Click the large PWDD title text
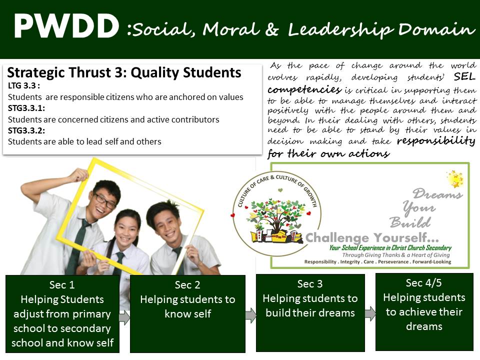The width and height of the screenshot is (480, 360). pos(66,26)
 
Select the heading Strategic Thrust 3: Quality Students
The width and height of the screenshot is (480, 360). pos(124,73)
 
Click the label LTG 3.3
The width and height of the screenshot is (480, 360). pos(23,85)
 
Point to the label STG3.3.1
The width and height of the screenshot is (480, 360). pos(26,108)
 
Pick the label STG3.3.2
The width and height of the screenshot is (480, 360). pos(26,130)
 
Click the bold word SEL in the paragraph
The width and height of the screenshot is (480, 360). pos(464,76)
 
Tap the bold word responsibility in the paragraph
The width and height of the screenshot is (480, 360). pos(436,141)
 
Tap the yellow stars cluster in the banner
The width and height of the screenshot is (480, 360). pos(455,179)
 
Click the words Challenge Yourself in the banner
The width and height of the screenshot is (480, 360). pos(371,237)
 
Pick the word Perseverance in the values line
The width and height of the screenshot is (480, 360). pos(393,261)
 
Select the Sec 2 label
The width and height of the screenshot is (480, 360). pos(187,285)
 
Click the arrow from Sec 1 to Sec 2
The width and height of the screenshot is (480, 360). pos(124,317)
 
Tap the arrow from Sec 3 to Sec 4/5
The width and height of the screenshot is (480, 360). pos(370,313)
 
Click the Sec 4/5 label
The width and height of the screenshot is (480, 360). pos(423,283)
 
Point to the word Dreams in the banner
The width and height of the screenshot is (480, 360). pos(437,194)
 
